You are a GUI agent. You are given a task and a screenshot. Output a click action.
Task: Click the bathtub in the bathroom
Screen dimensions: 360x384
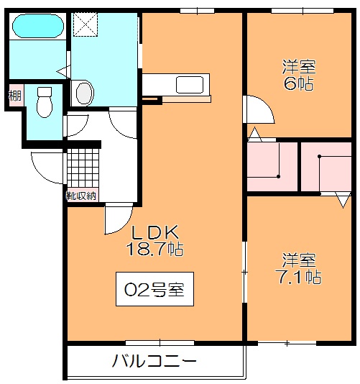pos(38,26)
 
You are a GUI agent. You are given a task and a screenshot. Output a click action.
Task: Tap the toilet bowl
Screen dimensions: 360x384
pos(45,102)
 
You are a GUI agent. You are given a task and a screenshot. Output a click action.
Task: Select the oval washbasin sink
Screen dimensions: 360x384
pos(85,93)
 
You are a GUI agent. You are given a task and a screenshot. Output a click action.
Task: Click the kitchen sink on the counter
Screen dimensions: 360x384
pos(190,85)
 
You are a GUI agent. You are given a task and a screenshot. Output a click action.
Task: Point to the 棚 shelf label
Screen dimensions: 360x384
pos(15,96)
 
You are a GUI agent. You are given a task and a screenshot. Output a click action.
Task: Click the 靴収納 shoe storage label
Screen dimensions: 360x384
pos(80,196)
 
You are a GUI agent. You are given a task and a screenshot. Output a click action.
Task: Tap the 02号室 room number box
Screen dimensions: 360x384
pos(154,289)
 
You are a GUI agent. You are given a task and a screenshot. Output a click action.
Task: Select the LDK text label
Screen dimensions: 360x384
pos(155,232)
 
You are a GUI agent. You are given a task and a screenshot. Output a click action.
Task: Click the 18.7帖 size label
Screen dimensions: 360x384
pos(154,249)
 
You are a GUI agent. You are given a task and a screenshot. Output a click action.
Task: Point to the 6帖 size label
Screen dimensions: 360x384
pos(299,83)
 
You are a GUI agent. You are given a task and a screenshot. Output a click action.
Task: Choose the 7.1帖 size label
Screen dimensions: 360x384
pos(299,277)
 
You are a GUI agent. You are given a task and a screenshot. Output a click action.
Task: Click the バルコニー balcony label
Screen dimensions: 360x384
pos(154,361)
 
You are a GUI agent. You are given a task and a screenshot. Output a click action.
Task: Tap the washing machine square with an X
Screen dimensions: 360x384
pos(86,24)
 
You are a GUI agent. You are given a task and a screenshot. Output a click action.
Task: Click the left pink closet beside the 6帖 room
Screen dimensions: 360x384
pos(272,167)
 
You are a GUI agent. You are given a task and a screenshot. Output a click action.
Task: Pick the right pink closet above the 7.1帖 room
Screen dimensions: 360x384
pos(326,167)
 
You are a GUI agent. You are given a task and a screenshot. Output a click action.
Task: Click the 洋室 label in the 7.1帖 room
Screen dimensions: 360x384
pos(299,260)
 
